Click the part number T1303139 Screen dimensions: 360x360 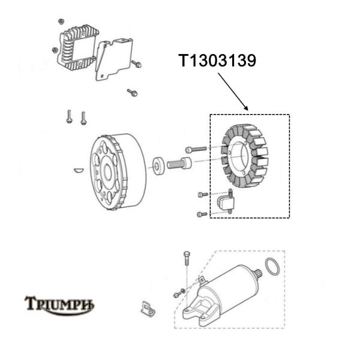point(217,61)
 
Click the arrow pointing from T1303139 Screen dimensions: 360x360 point(233,91)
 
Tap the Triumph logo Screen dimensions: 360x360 point(59,304)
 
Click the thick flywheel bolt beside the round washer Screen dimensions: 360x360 point(181,161)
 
